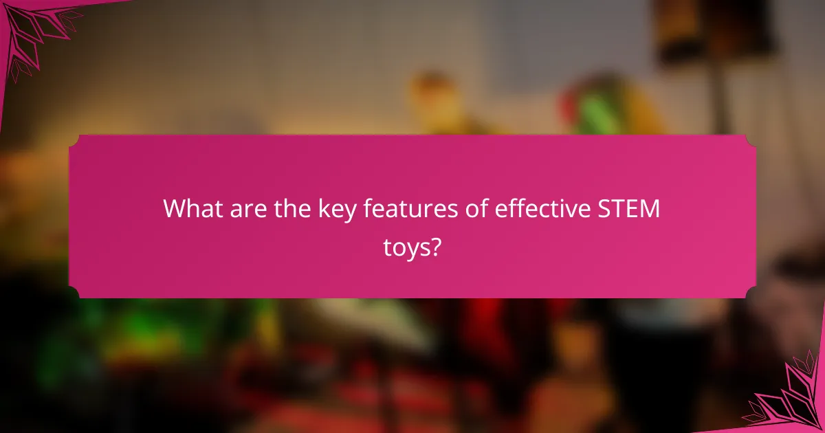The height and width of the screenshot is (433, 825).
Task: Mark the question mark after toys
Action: point(435,245)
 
